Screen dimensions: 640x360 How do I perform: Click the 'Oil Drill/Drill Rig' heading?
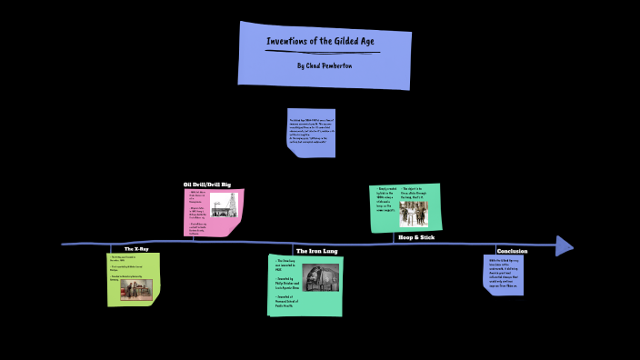[207, 185]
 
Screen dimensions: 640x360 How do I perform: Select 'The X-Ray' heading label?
[135, 248]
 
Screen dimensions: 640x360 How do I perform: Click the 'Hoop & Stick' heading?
[416, 236]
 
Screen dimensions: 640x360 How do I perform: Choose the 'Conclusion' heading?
[512, 250]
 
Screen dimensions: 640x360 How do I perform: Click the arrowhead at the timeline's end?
[565, 245]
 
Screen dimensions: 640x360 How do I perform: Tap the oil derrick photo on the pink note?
[225, 205]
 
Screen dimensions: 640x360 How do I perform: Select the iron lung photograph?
[320, 278]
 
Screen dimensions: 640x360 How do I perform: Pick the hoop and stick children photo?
[414, 215]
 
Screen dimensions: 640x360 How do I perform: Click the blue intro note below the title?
[311, 133]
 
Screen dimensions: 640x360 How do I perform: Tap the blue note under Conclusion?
[503, 274]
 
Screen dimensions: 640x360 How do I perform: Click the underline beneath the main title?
[323, 52]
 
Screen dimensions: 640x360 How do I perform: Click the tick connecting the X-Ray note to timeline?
[112, 248]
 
